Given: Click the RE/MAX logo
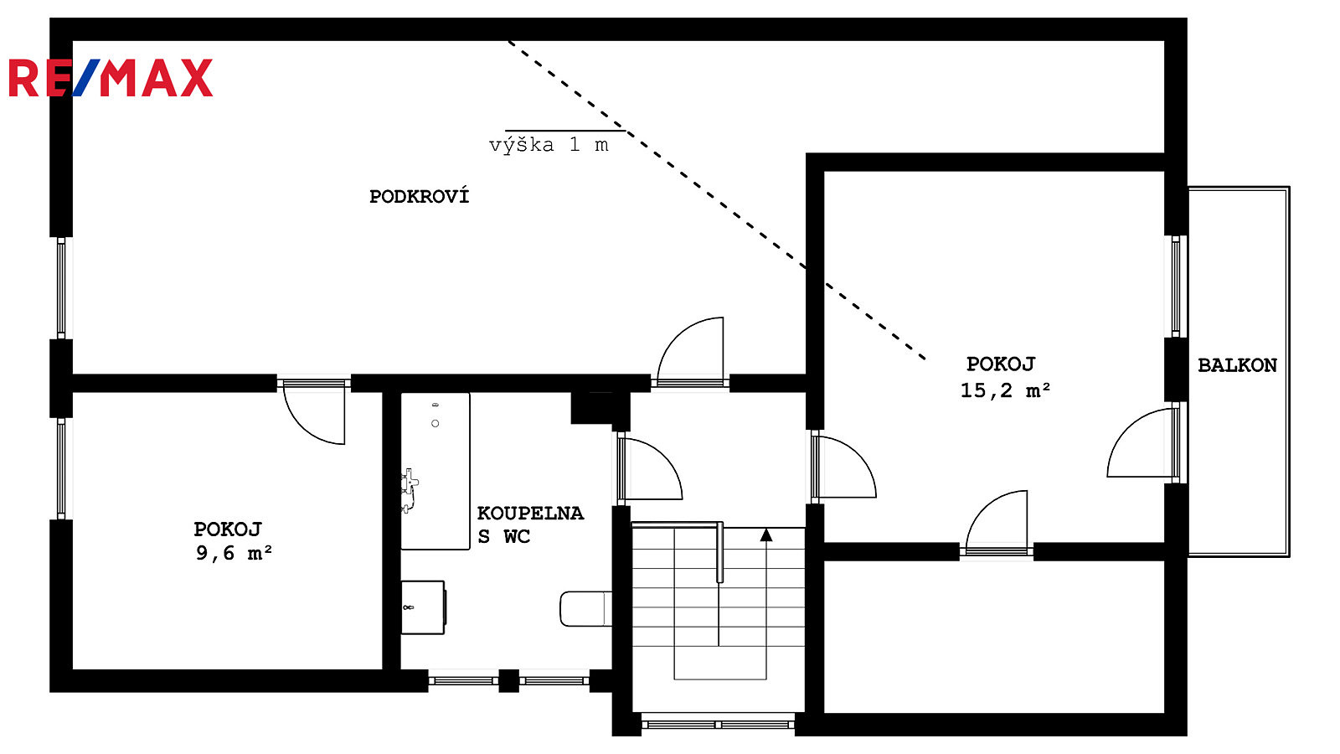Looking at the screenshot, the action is coord(111,78).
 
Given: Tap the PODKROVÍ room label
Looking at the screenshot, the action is coord(420,196).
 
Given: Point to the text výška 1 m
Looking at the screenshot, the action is coord(549,146).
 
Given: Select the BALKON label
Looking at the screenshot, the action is coord(1237,365).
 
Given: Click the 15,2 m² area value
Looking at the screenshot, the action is coord(1005,390).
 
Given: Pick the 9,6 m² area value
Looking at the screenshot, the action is coord(234,554).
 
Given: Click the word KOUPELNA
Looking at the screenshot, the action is coord(530,514).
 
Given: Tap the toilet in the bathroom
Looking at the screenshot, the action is coord(585,608).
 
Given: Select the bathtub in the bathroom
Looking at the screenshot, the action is coord(435,471).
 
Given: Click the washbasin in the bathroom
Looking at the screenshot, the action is coord(423,607).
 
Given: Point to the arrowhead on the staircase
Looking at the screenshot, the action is coord(766,535).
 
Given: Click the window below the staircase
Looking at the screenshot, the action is coord(718,725).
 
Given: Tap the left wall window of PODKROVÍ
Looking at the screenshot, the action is coord(61,288).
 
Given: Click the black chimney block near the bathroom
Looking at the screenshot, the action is coord(600,409).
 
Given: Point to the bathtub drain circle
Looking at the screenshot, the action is coord(435,424).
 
